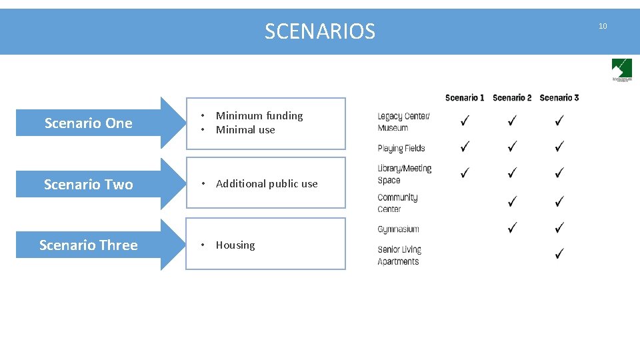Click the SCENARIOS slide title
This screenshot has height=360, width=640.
(x=320, y=31)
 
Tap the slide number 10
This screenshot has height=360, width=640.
(x=603, y=26)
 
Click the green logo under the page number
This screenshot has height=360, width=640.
(x=621, y=69)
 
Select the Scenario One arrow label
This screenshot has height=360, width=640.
(x=89, y=123)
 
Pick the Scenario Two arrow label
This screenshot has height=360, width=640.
(x=89, y=185)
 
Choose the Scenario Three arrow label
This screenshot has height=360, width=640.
(x=89, y=245)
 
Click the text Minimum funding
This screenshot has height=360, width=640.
(x=259, y=116)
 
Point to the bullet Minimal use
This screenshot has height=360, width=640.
(x=245, y=130)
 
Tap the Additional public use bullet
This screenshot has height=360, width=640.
(x=267, y=184)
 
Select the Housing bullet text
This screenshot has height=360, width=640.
(x=235, y=245)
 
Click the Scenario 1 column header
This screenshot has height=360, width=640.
(x=465, y=98)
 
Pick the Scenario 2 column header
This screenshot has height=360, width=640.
(x=512, y=98)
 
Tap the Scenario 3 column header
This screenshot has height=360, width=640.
(x=559, y=98)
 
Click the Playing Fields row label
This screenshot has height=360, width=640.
(x=401, y=149)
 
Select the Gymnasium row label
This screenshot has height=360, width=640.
(x=398, y=229)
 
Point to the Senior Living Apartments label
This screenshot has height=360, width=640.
(x=399, y=255)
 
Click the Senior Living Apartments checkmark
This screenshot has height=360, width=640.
(x=559, y=254)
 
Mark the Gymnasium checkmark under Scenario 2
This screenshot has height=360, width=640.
(x=512, y=228)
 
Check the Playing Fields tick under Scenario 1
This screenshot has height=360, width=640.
(x=465, y=145)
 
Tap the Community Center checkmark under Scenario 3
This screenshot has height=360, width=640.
(x=559, y=201)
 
